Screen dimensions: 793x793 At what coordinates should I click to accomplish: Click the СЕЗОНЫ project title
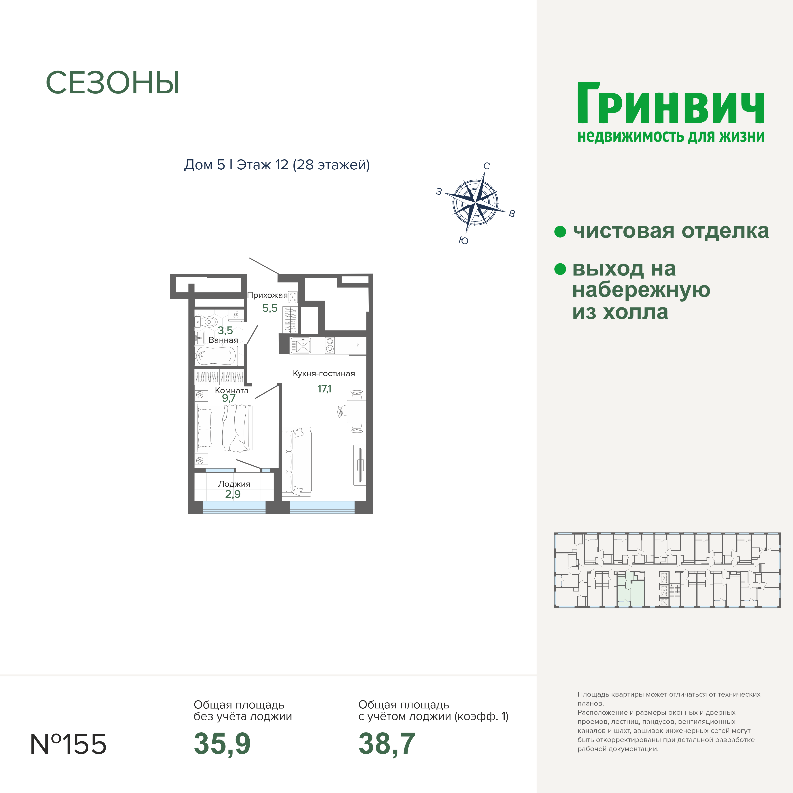(113, 83)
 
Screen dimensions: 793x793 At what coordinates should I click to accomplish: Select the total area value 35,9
(222, 744)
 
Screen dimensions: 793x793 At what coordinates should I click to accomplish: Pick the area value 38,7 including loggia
(387, 744)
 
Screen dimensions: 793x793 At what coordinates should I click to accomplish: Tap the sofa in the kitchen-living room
(297, 462)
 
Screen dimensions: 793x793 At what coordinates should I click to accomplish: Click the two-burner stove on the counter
(330, 345)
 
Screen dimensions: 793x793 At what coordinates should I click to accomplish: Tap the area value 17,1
(324, 388)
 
